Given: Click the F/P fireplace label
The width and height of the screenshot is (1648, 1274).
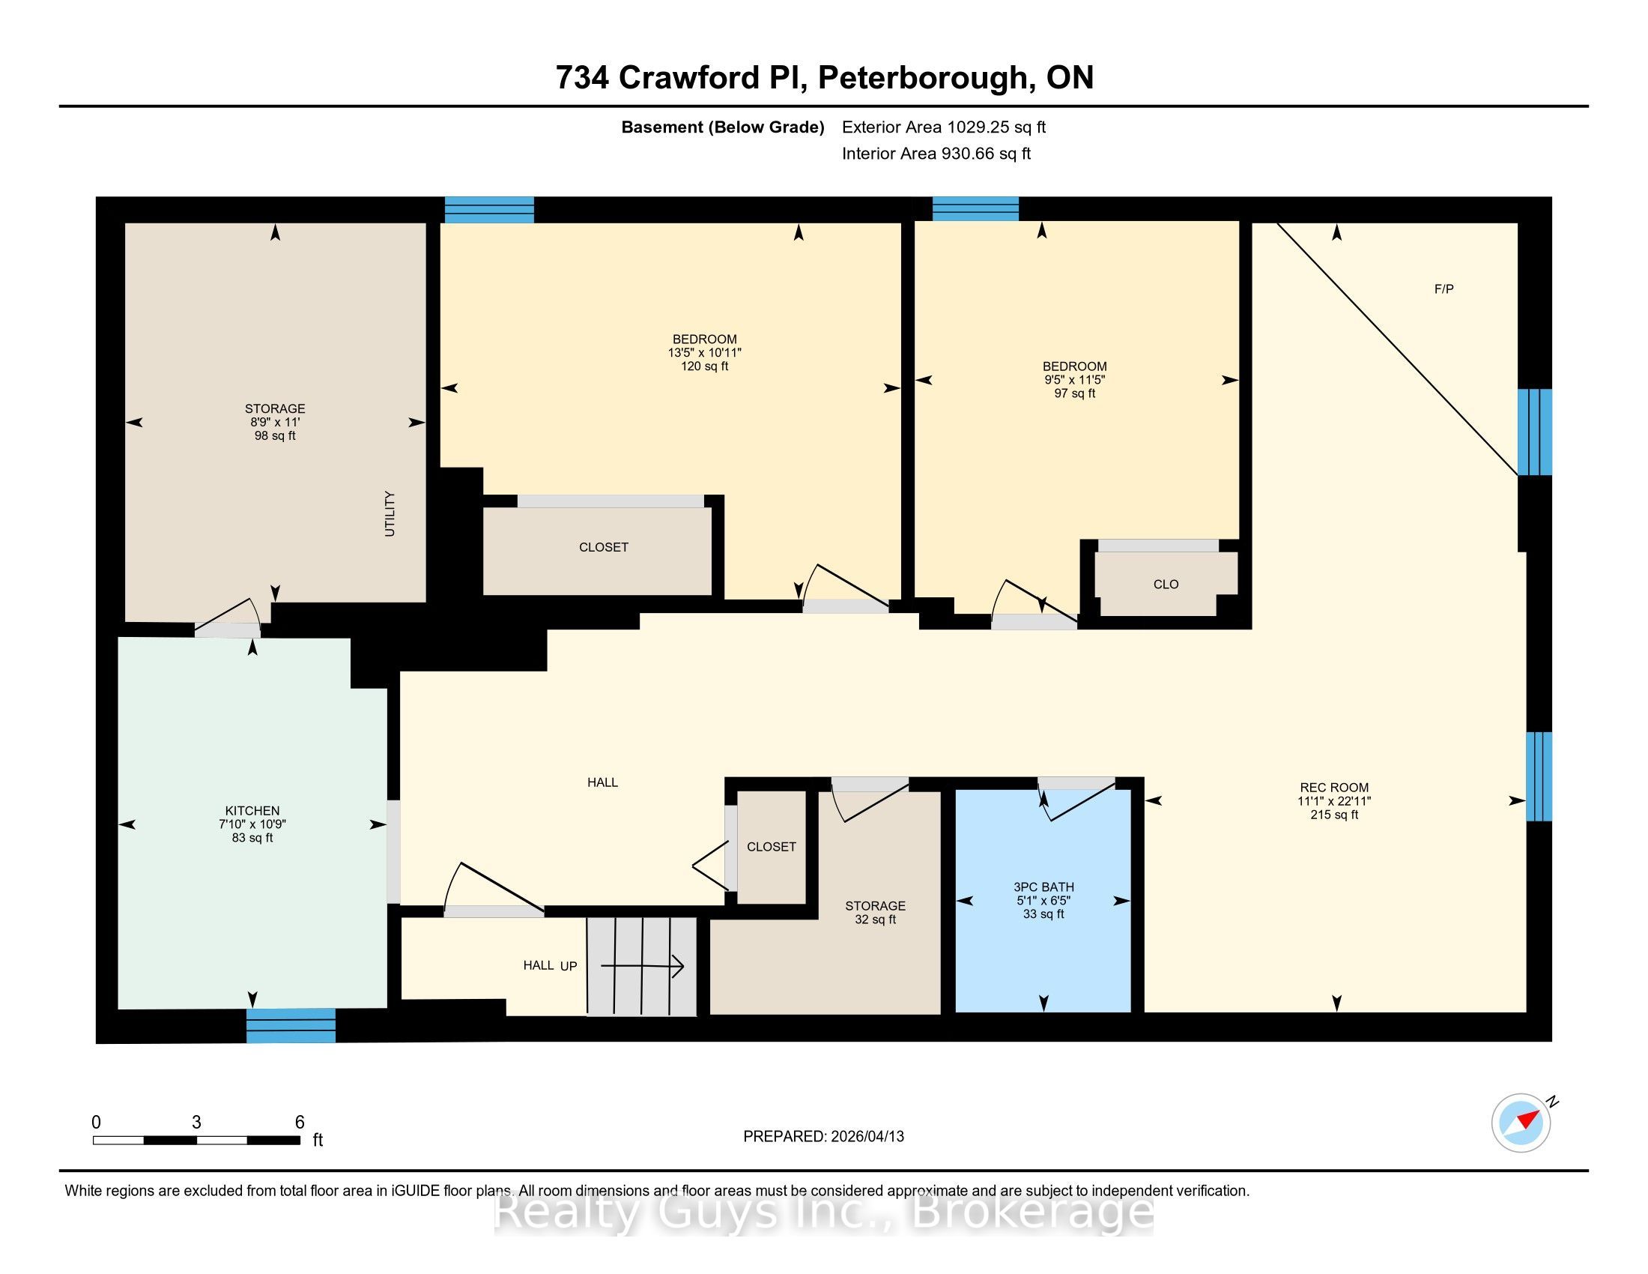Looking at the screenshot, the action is [x=1443, y=289].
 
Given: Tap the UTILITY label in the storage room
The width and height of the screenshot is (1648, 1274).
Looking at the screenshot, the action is [x=390, y=514].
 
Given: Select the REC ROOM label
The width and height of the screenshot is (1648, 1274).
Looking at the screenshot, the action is [x=1334, y=787].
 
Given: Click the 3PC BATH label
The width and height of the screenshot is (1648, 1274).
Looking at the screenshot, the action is [x=1043, y=887].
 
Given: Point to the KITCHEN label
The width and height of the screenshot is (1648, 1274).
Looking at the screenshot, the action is [x=252, y=811].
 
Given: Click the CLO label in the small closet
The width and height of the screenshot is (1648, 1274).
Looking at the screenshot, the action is [x=1166, y=585].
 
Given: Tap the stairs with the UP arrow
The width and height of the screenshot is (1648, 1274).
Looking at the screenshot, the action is [x=642, y=966].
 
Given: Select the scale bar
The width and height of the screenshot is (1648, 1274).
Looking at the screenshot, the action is [x=197, y=1140].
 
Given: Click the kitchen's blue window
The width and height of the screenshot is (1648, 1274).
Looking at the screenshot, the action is [x=291, y=1026].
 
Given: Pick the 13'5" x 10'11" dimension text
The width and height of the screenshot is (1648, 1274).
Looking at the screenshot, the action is [x=705, y=352].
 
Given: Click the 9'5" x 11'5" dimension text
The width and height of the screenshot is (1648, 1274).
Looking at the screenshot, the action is [x=1074, y=381].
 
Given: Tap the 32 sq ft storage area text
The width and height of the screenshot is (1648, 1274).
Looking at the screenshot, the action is [x=875, y=920].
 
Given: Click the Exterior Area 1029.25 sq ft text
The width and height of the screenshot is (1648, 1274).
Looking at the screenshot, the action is [x=944, y=127].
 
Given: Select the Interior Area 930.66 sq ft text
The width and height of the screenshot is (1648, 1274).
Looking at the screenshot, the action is [x=936, y=153].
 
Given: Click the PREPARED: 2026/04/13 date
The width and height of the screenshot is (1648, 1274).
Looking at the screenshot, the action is [x=823, y=1137].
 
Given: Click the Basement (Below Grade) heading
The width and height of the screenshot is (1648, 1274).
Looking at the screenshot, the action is [x=722, y=127].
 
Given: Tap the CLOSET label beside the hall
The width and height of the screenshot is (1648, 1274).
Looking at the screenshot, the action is [x=771, y=847].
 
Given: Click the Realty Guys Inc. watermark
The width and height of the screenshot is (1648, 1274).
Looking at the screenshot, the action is [x=823, y=1213].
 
